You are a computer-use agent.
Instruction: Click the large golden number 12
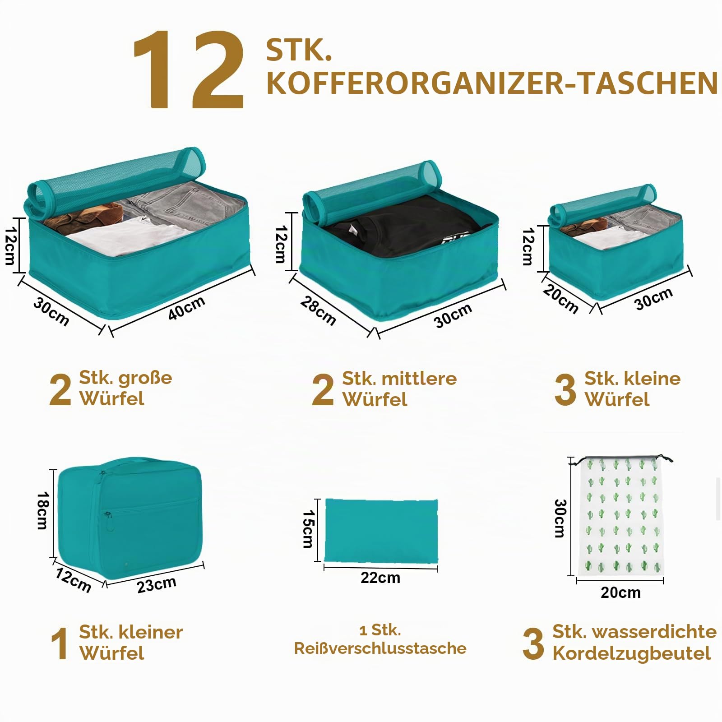point(189,70)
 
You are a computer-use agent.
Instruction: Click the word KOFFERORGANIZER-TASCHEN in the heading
point(492,83)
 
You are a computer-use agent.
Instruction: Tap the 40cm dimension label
point(187,308)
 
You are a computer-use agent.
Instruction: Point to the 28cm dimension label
point(318,311)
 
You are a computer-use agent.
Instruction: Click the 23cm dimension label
point(157,585)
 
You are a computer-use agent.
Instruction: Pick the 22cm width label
point(380,578)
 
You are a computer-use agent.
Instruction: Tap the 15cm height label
point(308,529)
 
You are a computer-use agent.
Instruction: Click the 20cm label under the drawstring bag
point(620,592)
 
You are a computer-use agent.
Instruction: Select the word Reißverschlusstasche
point(380,648)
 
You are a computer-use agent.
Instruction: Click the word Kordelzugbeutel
point(632,653)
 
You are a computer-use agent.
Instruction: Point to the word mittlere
point(419,379)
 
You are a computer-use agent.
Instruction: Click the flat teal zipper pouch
point(381,531)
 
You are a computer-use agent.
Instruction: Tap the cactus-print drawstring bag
point(621,517)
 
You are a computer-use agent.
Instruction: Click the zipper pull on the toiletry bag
point(109,521)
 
